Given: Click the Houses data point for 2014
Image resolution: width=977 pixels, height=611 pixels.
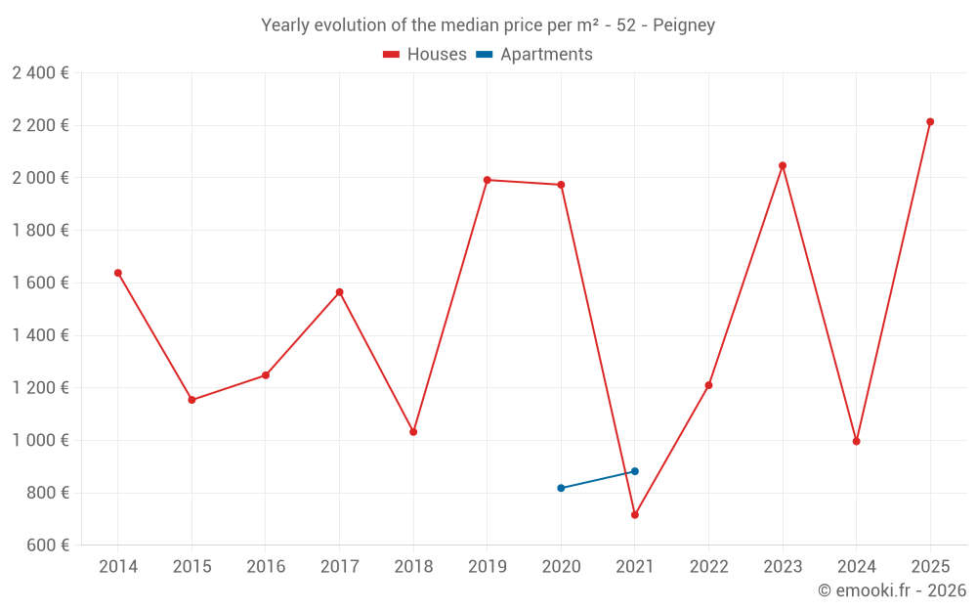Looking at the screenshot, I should (x=118, y=273).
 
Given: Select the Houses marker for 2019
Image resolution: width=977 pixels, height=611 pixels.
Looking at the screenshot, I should (x=488, y=180).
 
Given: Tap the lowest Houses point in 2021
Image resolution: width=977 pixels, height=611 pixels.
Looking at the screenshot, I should (x=635, y=514).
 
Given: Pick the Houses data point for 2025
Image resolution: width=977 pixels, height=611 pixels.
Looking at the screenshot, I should (x=930, y=122).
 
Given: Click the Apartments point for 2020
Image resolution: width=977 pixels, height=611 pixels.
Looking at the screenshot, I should (x=561, y=488).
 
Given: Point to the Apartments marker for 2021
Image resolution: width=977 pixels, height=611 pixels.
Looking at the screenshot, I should (x=635, y=471).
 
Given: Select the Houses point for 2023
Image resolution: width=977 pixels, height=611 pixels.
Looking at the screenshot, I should (x=783, y=165).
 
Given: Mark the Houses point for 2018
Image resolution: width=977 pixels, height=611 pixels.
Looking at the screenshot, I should (x=413, y=431).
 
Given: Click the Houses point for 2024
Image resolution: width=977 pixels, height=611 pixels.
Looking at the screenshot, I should (x=857, y=441).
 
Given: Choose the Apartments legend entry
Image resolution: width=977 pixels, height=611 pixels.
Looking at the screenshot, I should (x=546, y=55).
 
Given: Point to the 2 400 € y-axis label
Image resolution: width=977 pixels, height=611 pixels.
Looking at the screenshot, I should (x=40, y=73).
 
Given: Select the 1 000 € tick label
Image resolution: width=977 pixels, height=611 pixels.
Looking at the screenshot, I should (x=40, y=440).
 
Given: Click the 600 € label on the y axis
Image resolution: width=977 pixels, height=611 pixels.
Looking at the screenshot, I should (x=47, y=545).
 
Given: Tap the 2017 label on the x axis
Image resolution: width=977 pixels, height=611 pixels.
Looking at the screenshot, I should (x=339, y=567).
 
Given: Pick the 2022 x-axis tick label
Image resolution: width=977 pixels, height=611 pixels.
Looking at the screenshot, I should (x=708, y=567).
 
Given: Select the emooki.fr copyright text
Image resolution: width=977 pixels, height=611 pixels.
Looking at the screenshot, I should (x=891, y=590).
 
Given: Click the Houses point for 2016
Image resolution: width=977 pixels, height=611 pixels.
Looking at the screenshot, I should (x=266, y=375).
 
